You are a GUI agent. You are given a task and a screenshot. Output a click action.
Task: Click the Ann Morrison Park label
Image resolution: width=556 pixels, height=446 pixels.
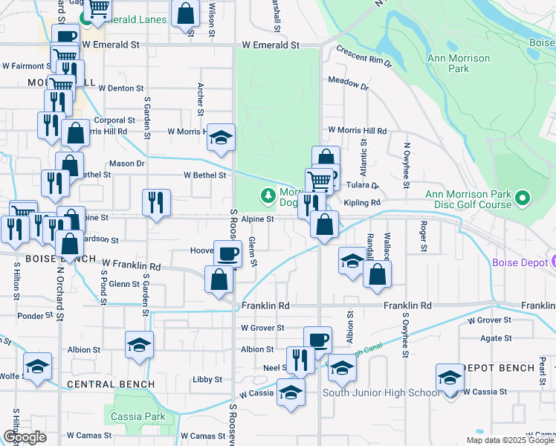(x=459, y=63)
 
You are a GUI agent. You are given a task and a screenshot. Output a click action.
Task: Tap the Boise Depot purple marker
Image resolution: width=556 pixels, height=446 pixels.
(x=552, y=262)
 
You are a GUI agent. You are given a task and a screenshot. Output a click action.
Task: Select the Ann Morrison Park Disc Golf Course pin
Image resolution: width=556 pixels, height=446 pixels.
(x=522, y=198)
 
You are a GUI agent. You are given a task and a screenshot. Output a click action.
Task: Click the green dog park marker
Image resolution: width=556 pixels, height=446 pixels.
(x=268, y=196)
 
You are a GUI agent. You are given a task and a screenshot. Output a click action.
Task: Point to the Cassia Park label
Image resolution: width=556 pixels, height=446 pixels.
(x=138, y=416)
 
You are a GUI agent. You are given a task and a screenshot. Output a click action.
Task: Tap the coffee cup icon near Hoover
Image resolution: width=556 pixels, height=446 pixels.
(x=227, y=253)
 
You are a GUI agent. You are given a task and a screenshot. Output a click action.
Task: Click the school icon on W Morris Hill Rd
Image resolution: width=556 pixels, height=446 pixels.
(x=220, y=137)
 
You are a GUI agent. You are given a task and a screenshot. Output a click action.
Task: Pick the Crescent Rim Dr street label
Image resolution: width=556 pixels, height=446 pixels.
(x=363, y=57)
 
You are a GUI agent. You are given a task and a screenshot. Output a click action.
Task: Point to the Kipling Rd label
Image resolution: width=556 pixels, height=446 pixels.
(x=362, y=202)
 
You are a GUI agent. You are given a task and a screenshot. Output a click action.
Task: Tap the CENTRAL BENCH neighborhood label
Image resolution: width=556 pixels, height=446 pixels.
(x=111, y=384)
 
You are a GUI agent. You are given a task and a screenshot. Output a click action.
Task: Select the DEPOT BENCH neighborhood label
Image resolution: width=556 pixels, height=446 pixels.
(x=499, y=368)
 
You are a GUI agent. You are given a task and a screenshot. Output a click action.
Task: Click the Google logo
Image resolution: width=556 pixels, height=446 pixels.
(x=24, y=437)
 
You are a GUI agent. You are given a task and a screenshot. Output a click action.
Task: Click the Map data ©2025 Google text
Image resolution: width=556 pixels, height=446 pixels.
(x=509, y=440)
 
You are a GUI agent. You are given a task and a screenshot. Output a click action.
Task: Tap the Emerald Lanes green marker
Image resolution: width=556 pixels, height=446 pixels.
(x=86, y=19)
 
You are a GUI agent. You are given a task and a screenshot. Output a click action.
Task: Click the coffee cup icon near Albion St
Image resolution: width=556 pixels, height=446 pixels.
(x=317, y=338)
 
